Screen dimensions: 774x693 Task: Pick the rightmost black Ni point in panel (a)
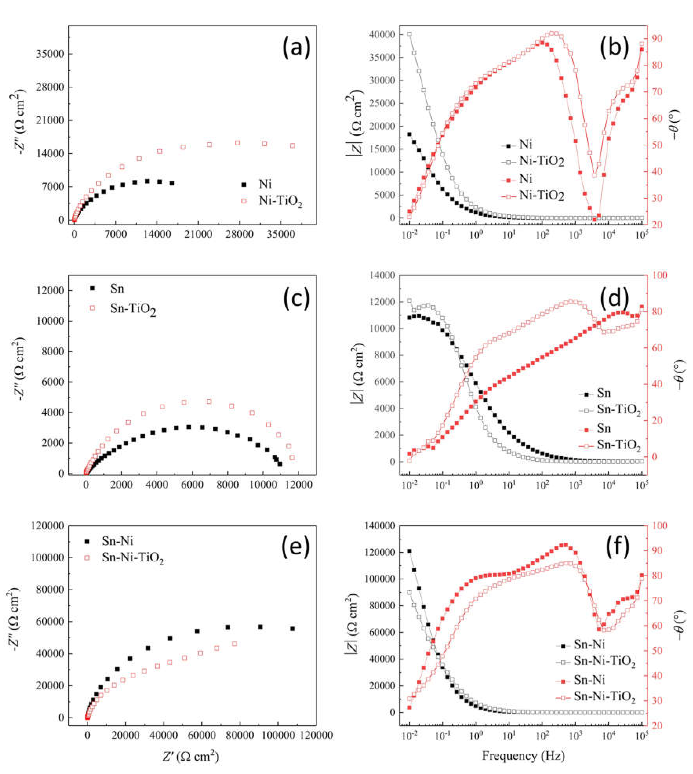point(172,183)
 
